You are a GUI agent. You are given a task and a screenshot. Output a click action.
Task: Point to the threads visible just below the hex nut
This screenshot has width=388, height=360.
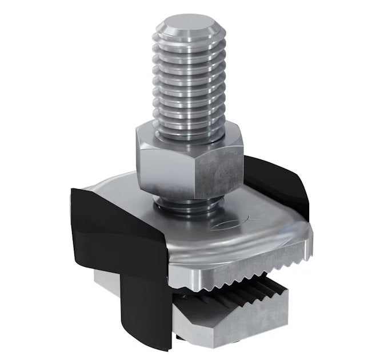pyautogui.click(x=186, y=204)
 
